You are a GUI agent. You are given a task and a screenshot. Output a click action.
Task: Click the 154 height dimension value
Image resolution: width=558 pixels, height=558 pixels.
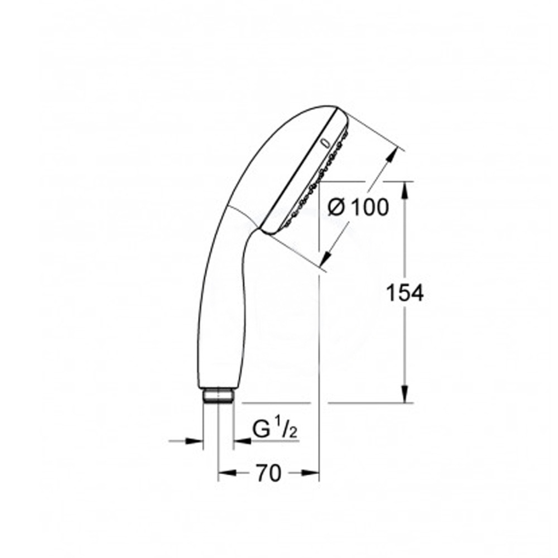(405, 294)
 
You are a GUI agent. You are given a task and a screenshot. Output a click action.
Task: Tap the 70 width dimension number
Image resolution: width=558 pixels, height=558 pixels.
(269, 473)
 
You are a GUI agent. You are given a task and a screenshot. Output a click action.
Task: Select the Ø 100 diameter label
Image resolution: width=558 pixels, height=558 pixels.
(358, 207)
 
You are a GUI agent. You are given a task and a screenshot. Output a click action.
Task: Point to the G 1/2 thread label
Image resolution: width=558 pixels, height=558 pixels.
(275, 430)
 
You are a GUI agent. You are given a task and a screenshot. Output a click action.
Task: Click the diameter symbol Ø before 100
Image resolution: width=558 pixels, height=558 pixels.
(336, 208)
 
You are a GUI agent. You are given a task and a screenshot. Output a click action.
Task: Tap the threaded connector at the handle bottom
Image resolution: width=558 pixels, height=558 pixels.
(218, 396)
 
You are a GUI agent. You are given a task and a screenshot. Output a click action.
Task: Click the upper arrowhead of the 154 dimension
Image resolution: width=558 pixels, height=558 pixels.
(405, 190)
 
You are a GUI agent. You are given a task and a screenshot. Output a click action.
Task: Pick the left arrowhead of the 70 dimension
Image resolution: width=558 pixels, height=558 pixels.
(227, 473)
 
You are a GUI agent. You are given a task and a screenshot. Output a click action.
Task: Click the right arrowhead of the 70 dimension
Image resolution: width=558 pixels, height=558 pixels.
(310, 473)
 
